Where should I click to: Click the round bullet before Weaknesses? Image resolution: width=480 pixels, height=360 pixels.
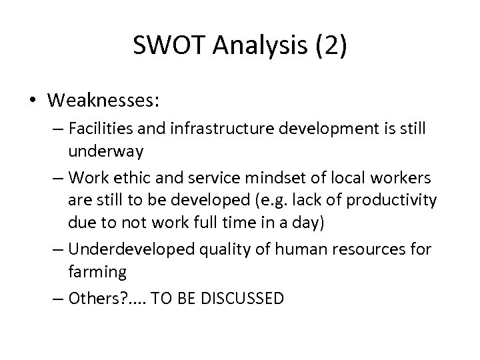(33, 101)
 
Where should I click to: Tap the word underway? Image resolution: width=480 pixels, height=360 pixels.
(105, 153)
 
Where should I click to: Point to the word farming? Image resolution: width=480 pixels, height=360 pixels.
(97, 271)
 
